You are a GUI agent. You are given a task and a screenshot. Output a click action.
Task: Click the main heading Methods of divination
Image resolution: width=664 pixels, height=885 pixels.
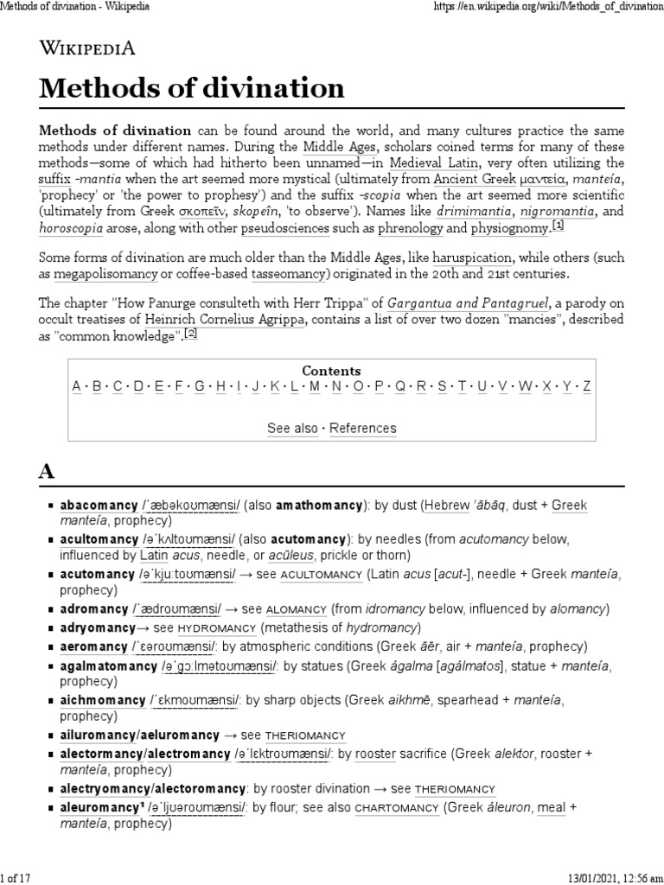click(191, 88)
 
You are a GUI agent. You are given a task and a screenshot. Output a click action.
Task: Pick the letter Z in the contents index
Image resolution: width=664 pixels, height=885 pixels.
click(587, 386)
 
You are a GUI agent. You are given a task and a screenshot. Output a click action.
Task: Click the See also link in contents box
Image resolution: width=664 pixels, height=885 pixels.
click(292, 428)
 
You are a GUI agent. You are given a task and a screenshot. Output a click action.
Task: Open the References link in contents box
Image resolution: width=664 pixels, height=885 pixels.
click(363, 428)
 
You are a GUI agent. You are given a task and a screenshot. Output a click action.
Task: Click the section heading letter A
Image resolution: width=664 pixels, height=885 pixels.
click(47, 472)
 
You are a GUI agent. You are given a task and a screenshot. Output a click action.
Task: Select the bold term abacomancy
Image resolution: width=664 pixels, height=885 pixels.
click(99, 505)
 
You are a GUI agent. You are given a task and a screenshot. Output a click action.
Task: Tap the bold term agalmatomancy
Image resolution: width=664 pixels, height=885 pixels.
click(109, 666)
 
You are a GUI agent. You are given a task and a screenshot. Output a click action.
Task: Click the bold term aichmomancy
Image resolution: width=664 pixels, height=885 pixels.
click(102, 699)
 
